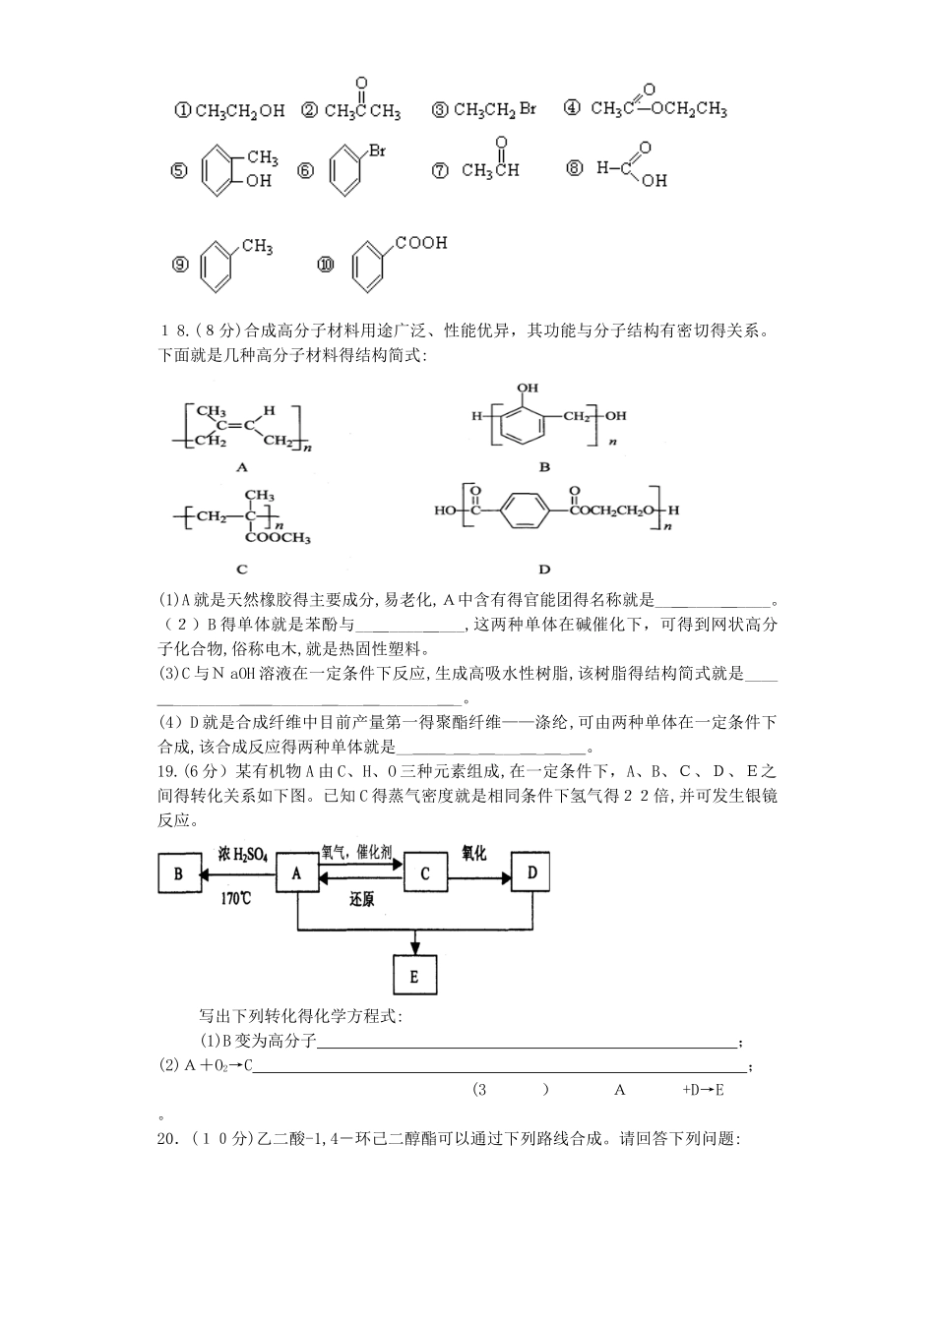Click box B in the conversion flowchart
[178, 872]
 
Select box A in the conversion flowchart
[297, 872]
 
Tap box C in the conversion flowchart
[425, 872]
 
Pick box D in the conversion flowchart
[531, 872]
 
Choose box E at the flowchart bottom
[414, 976]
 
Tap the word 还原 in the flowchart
[361, 898]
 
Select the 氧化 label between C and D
[473, 852]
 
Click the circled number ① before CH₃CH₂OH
[181, 111]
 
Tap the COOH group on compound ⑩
[421, 243]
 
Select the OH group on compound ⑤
[258, 181]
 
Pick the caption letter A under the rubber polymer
[242, 468]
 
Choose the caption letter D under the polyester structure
[544, 569]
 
